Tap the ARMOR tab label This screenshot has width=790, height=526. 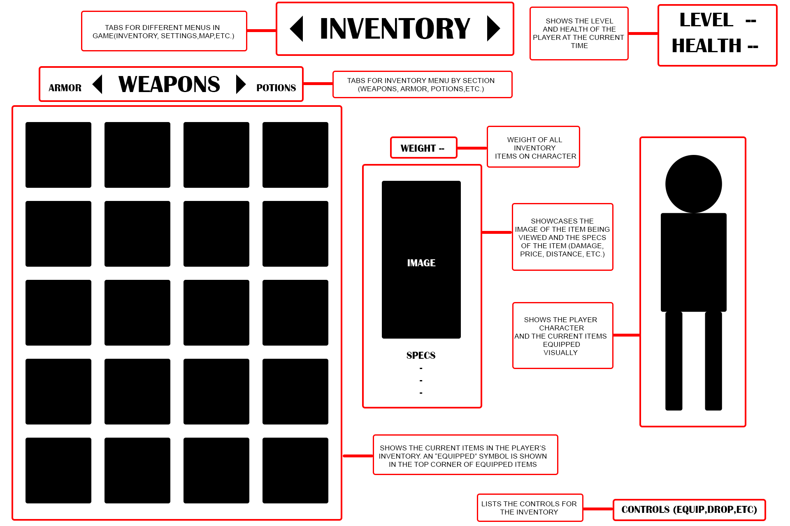(65, 88)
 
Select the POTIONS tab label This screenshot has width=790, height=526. (276, 88)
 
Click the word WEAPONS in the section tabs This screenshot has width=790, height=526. (169, 84)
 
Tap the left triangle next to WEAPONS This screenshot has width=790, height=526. (98, 84)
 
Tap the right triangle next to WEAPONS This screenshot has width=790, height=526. (240, 84)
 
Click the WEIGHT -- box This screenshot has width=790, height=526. (423, 148)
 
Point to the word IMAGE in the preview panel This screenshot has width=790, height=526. (421, 263)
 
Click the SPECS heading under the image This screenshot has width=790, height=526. (421, 355)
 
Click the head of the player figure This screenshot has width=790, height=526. (694, 184)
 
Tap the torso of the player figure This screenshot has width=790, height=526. (694, 262)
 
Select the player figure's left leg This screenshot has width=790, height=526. (674, 361)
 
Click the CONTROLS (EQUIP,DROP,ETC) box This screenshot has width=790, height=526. (689, 510)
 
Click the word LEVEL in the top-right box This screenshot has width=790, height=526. (706, 20)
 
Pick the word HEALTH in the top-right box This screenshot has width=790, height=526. (706, 46)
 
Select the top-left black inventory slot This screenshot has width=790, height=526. (58, 155)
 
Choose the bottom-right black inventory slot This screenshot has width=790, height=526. (295, 471)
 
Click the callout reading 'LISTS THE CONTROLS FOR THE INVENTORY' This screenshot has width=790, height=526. (530, 508)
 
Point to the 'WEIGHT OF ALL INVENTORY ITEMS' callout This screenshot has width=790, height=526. (534, 147)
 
